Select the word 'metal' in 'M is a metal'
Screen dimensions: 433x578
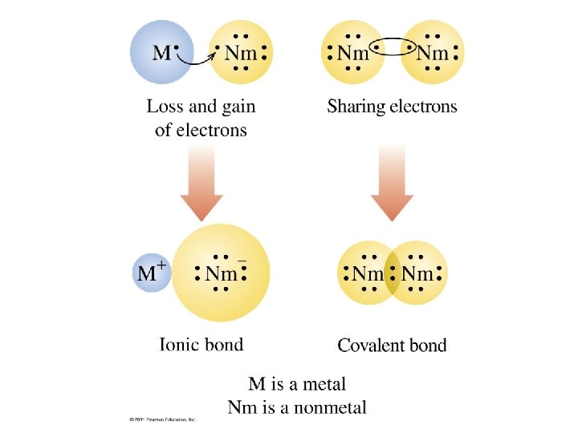[x=324, y=385]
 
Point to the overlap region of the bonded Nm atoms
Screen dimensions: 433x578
[x=393, y=274]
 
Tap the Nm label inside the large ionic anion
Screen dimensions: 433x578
[x=221, y=273]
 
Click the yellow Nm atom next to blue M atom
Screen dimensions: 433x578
[x=240, y=54]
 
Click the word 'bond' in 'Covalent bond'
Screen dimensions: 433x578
[x=427, y=346]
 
